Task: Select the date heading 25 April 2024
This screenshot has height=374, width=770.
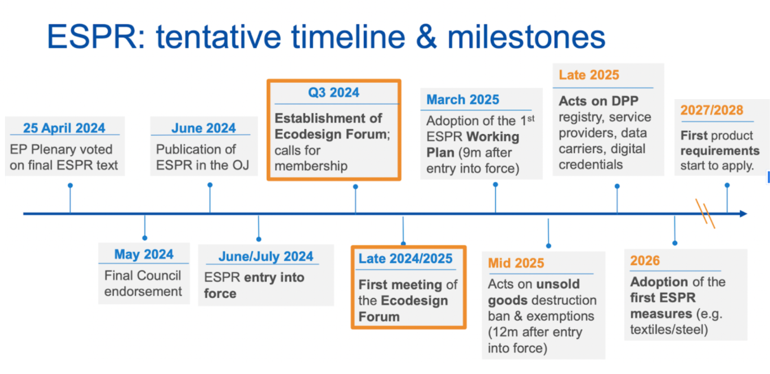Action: pyautogui.click(x=64, y=128)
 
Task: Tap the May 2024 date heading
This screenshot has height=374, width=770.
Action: pyautogui.click(x=143, y=254)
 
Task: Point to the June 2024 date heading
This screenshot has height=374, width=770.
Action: pyautogui.click(x=203, y=128)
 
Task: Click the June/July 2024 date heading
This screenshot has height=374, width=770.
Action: pyautogui.click(x=266, y=256)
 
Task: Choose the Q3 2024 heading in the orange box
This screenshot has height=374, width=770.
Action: pyautogui.click(x=334, y=92)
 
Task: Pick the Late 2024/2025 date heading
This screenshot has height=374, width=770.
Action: pyautogui.click(x=405, y=259)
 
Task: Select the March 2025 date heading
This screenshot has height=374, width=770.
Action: pyautogui.click(x=463, y=100)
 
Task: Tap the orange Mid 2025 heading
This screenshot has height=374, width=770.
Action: pyautogui.click(x=516, y=263)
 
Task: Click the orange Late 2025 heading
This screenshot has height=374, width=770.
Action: pyautogui.click(x=589, y=75)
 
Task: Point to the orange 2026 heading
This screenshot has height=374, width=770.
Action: pyautogui.click(x=645, y=261)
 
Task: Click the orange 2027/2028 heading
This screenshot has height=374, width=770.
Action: pyautogui.click(x=711, y=110)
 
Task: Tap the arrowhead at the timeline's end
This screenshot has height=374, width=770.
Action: pyautogui.click(x=743, y=214)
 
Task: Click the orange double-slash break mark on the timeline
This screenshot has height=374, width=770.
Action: pyautogui.click(x=705, y=211)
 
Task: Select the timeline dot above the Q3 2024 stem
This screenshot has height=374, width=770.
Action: pyautogui.click(x=355, y=186)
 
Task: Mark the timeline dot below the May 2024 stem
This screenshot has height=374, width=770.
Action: pyautogui.click(x=145, y=237)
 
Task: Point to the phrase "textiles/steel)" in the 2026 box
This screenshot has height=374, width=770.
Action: pyautogui.click(x=669, y=329)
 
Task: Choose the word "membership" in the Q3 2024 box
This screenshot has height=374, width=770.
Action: pyautogui.click(x=310, y=166)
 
